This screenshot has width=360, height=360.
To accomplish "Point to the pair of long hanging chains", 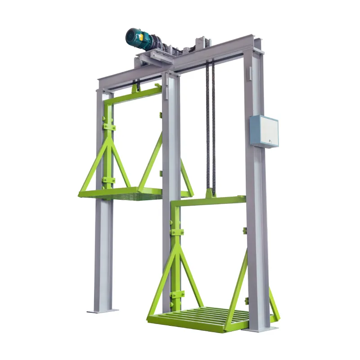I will (x=210, y=126).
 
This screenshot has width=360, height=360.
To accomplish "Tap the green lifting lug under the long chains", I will (x=210, y=193).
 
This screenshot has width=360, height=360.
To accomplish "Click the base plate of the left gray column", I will (x=102, y=310).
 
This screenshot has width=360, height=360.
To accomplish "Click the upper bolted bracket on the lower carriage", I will (x=176, y=232).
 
